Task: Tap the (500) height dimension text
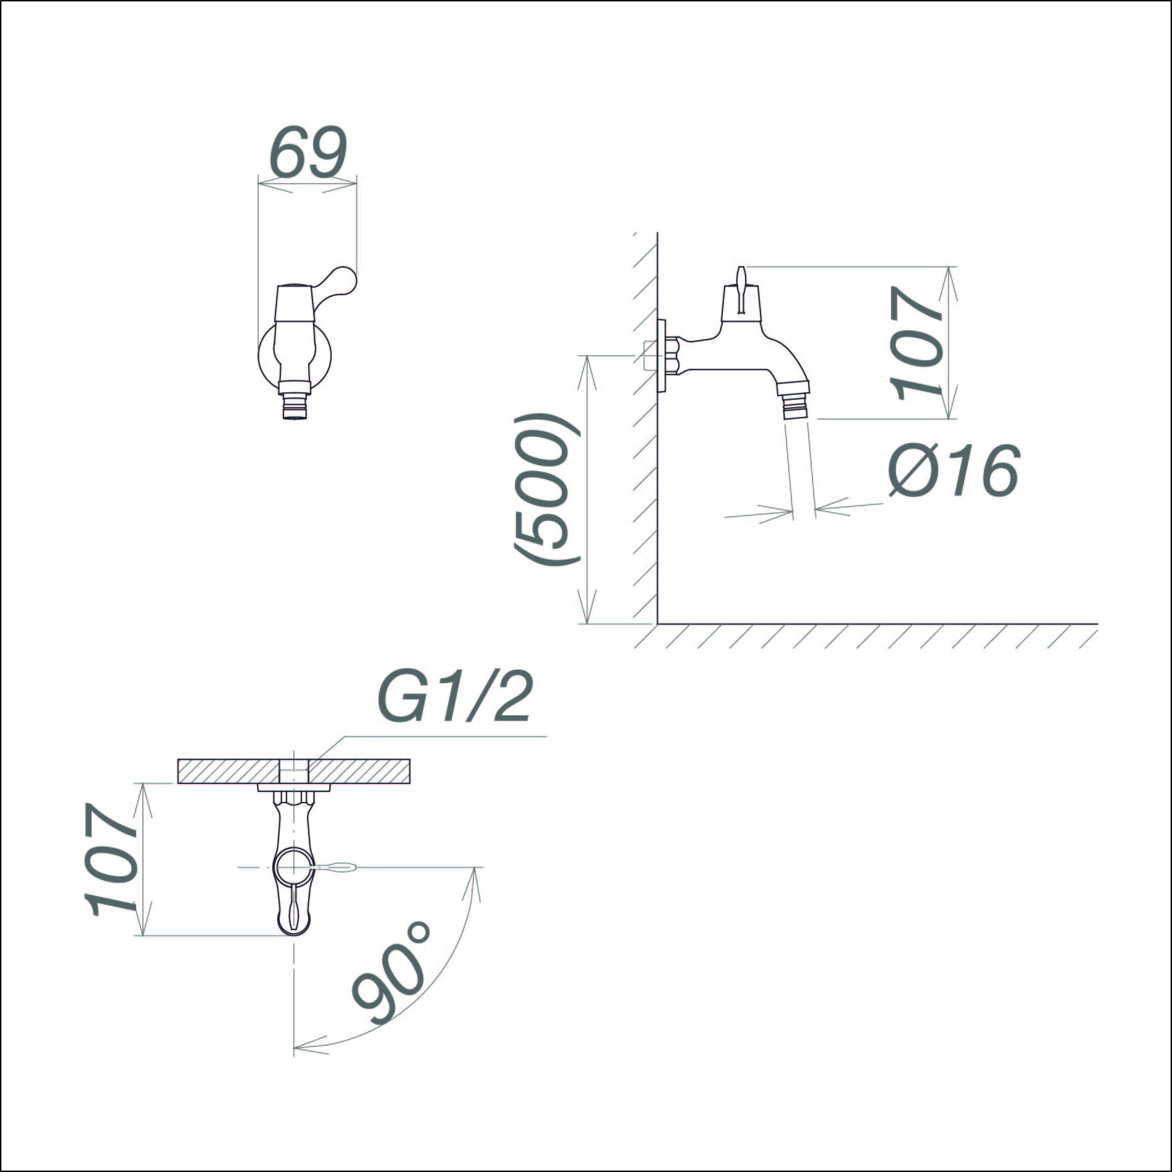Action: (x=545, y=489)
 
